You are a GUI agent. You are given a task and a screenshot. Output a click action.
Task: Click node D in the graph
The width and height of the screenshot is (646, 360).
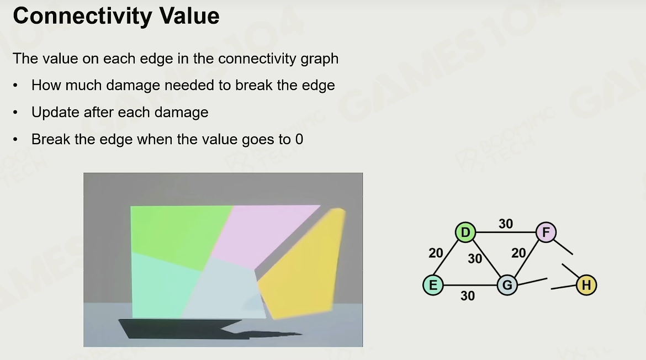click(465, 232)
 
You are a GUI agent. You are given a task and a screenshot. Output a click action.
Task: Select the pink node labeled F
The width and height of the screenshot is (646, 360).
click(546, 232)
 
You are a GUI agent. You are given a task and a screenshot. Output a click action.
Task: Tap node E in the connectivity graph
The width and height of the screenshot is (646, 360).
click(433, 285)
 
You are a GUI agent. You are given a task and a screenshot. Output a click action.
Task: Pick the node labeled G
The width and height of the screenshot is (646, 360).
click(507, 285)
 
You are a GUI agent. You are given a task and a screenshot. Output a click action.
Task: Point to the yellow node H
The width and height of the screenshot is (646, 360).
click(586, 285)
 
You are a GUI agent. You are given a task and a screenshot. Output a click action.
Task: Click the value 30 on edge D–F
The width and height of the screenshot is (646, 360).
click(506, 224)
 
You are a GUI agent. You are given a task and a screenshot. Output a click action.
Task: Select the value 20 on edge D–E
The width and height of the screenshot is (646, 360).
click(436, 253)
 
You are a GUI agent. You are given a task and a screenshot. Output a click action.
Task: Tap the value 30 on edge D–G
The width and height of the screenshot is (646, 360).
click(475, 258)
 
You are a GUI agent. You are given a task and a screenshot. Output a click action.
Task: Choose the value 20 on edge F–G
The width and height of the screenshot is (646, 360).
click(518, 253)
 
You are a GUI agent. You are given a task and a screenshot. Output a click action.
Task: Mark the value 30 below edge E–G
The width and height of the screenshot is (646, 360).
click(468, 296)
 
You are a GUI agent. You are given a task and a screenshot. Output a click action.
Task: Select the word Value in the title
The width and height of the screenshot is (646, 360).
click(189, 16)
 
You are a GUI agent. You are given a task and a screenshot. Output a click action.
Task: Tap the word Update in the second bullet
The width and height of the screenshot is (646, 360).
click(55, 113)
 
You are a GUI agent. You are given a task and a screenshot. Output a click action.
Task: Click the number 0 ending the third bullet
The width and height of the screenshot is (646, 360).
click(299, 140)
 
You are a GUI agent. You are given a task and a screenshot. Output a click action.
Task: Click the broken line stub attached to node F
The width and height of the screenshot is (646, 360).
click(563, 247)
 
